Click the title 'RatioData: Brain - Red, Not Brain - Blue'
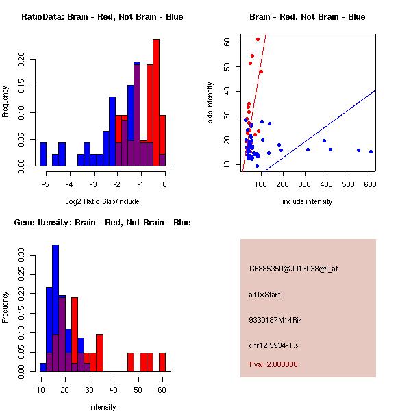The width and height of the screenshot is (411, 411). [x=102, y=17]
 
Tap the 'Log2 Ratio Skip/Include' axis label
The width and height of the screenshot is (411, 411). [x=102, y=201]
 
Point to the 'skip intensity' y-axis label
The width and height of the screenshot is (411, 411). [x=210, y=103]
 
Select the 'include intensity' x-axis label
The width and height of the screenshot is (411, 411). [x=308, y=201]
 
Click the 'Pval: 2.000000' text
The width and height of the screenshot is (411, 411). [x=273, y=364]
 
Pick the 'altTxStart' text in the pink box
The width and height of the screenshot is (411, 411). [x=265, y=295]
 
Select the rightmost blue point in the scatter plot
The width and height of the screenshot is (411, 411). [x=371, y=151]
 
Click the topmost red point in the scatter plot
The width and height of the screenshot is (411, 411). [x=258, y=39]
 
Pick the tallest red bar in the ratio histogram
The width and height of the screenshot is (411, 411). [x=155, y=103]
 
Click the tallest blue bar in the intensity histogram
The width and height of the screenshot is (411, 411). [x=55, y=308]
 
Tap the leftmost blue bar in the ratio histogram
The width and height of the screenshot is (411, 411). [x=43, y=154]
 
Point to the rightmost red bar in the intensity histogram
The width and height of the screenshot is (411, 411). [x=162, y=362]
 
